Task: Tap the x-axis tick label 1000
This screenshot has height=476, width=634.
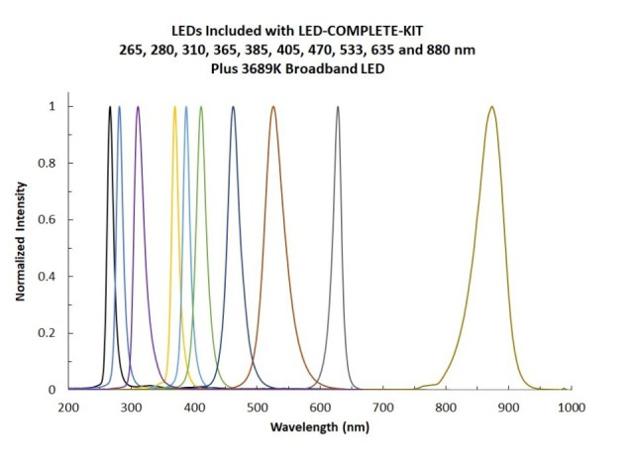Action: pyautogui.click(x=569, y=408)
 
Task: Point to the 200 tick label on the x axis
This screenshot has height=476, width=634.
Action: pyautogui.click(x=67, y=408)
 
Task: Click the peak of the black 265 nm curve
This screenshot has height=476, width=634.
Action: pyautogui.click(x=109, y=106)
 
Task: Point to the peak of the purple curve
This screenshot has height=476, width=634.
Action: pyautogui.click(x=138, y=106)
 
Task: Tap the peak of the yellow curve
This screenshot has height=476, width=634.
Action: pyautogui.click(x=175, y=106)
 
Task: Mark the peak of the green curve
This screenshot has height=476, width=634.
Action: pyautogui.click(x=201, y=106)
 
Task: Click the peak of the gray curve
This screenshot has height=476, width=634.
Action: pyautogui.click(x=338, y=106)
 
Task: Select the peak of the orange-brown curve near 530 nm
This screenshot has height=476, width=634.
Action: pyautogui.click(x=273, y=106)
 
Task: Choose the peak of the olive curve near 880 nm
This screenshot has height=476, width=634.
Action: pyautogui.click(x=491, y=106)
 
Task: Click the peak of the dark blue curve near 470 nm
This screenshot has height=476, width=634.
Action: pyautogui.click(x=233, y=106)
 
